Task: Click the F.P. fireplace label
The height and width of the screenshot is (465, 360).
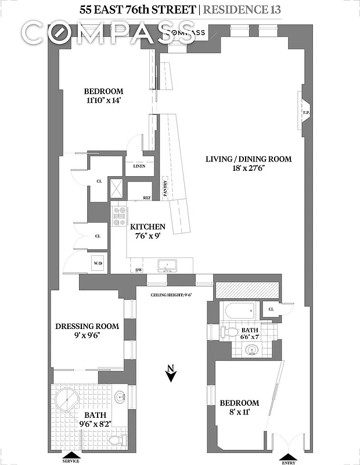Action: point(305,112)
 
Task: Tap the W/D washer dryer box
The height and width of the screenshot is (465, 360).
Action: point(97,264)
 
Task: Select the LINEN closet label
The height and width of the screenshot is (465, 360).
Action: point(139,166)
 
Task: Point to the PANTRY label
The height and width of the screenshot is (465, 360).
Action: point(165,191)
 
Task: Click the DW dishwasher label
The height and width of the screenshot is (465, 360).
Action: point(139,270)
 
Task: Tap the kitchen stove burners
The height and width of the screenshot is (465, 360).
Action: point(120,216)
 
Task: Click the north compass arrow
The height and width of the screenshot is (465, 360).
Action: point(171,374)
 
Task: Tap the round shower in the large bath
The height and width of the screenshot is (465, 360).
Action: point(69,401)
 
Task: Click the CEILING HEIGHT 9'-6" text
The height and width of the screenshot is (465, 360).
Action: point(171,295)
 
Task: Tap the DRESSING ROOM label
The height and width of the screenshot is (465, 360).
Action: point(87,326)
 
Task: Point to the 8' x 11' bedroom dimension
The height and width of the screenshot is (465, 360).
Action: point(239,413)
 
